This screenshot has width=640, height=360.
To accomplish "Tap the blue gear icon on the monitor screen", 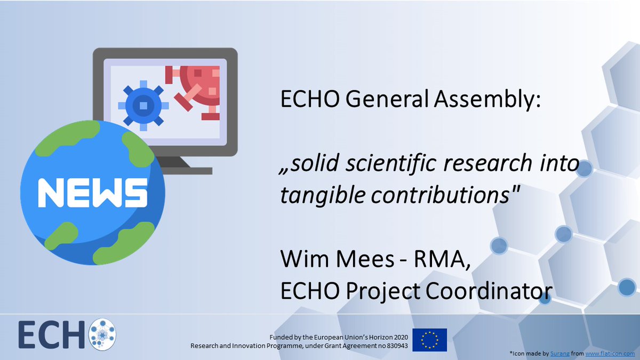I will (x=143, y=106).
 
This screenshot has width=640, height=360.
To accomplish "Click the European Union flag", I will (x=429, y=340).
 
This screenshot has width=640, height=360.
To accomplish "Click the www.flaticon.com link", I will (x=611, y=354).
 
